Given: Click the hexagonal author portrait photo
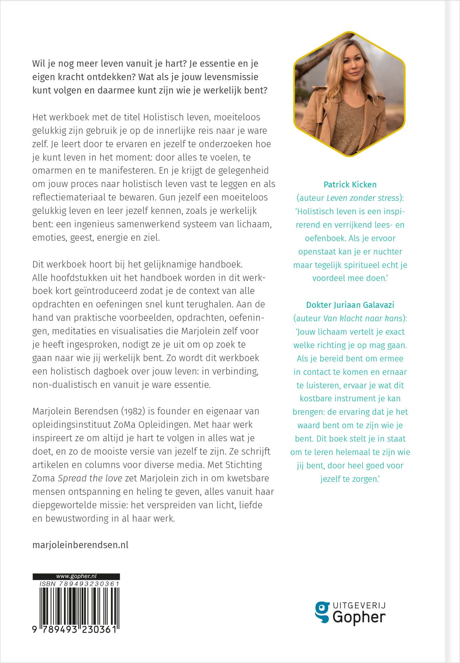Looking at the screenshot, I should [x=349, y=94].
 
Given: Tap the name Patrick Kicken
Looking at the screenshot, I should [x=350, y=185].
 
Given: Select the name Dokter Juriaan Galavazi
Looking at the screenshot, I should [x=350, y=305].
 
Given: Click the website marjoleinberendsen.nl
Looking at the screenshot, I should [x=80, y=545].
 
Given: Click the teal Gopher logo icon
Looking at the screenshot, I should [x=322, y=611].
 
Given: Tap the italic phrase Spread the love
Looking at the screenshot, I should [x=90, y=478].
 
